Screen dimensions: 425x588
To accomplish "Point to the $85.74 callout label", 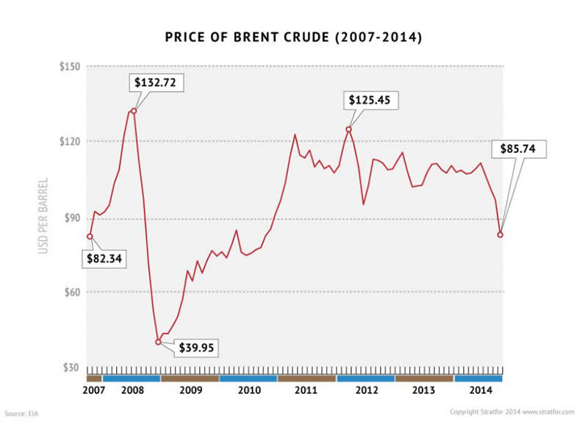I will click(523, 148).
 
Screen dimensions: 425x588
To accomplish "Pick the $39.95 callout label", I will click(195, 347).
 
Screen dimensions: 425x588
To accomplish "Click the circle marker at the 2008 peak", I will click(133, 111).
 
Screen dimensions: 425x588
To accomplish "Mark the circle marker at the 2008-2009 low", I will click(158, 342).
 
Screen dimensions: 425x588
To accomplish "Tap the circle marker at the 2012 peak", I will click(348, 129).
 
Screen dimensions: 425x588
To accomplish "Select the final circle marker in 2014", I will click(501, 235).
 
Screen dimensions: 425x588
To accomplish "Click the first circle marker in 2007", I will click(90, 236).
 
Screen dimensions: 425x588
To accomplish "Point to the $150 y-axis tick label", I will click(70, 67).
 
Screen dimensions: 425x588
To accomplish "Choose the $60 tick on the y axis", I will click(73, 292).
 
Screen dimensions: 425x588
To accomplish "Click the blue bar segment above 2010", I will click(248, 378).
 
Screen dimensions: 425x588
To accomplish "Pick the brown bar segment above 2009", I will click(190, 378).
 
